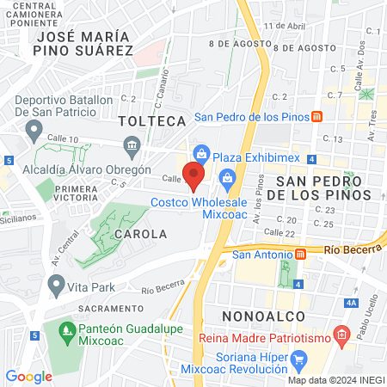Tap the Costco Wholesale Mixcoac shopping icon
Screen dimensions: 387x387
228,179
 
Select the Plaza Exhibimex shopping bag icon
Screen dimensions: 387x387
201,154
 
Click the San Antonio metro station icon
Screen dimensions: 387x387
301,254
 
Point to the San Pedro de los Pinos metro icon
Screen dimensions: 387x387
316,117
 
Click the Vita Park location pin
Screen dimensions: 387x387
57,283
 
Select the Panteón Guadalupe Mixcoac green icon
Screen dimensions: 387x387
65,329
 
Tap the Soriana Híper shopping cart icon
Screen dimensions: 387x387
298,359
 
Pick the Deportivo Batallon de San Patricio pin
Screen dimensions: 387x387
34,130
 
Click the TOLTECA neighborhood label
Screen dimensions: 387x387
153,120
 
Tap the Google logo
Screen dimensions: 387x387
28,376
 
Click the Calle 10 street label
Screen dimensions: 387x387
62,139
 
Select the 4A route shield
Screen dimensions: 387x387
350,303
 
